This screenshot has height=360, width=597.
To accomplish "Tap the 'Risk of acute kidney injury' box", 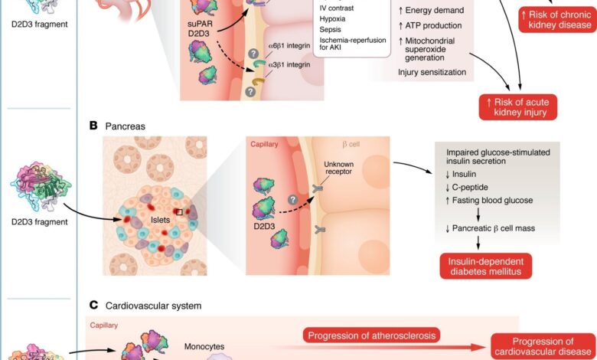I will (x=518, y=106).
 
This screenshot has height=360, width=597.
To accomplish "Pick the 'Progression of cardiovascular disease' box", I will (x=543, y=347).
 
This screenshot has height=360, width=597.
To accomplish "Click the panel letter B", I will (x=93, y=125).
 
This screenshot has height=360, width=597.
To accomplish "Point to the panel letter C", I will (x=93, y=305).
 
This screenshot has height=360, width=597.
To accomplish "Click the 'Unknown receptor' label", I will (x=340, y=168).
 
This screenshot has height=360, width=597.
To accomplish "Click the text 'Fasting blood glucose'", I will (x=494, y=201).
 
